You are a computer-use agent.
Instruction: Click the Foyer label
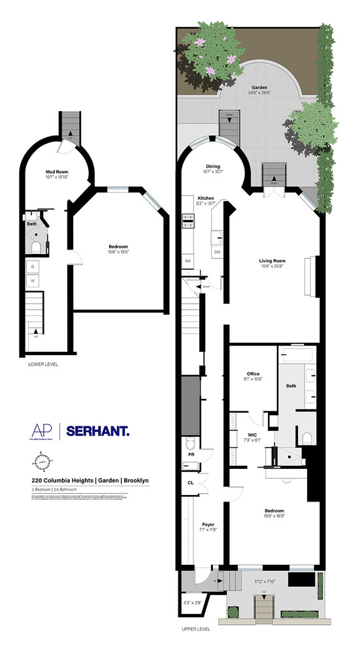[208, 524]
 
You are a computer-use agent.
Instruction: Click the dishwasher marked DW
[218, 252]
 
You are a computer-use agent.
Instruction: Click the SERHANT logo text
[98, 430]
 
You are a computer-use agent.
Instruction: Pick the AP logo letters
[41, 430]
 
